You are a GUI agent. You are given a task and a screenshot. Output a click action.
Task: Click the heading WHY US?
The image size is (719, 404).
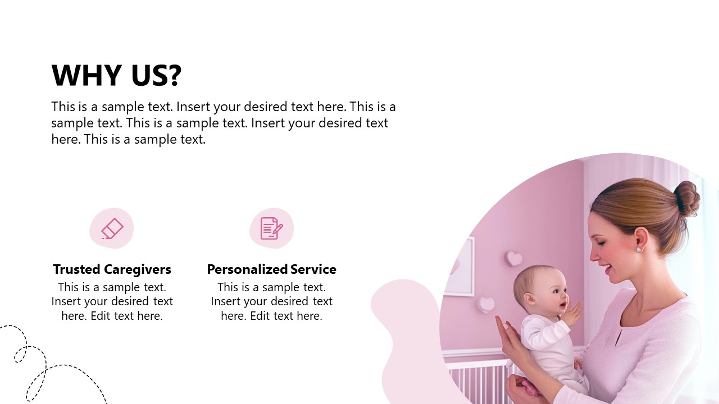(116, 75)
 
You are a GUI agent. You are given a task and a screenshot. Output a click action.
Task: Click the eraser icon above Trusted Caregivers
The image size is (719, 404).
(112, 228)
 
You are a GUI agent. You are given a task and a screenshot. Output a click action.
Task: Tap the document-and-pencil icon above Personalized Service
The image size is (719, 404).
(271, 228)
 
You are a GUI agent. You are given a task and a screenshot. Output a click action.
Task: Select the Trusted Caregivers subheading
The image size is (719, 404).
(112, 269)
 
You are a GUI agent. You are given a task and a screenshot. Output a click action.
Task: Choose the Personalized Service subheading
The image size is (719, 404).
(271, 269)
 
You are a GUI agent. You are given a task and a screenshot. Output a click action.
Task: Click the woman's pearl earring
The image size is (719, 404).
(639, 249)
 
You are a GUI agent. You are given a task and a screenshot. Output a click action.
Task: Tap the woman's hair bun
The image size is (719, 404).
(686, 197)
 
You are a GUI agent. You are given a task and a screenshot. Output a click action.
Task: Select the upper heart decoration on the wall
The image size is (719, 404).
(513, 258)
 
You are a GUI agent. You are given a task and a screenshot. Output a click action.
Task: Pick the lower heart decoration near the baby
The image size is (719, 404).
(486, 304)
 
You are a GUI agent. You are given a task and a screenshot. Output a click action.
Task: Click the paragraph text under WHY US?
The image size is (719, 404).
(223, 123)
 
